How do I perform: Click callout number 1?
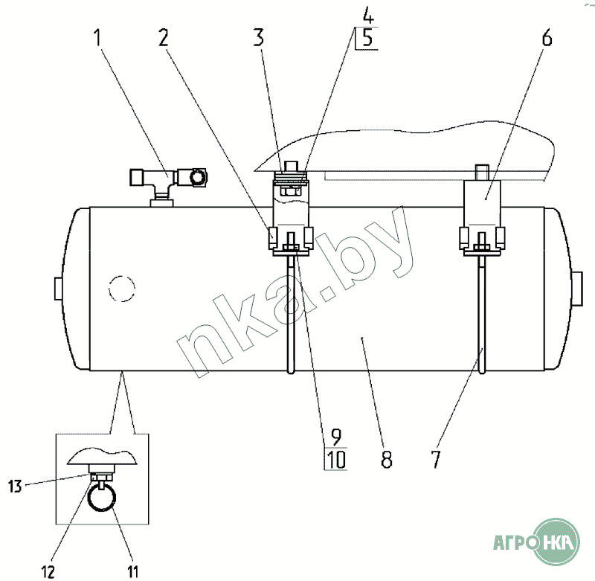coord(98,38)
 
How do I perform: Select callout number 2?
coord(163,38)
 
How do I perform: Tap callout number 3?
coord(258,38)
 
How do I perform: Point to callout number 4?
coord(368,16)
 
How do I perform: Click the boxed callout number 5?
coord(367,39)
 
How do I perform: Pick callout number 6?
coord(547,38)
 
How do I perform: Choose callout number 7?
coord(436,460)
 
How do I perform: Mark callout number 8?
coord(386,460)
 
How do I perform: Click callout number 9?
coord(336,437)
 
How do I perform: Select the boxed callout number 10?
coord(336,460)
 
